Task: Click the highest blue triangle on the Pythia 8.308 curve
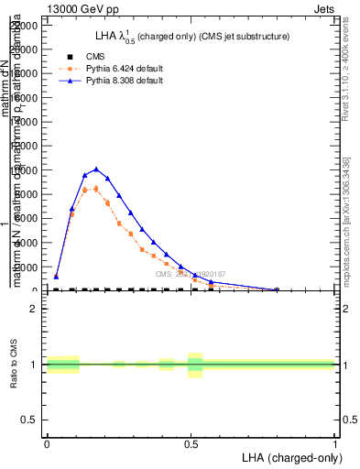click(x=96, y=169)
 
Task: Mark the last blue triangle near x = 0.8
click(x=277, y=289)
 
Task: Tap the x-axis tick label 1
click(x=335, y=442)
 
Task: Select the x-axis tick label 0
click(x=47, y=442)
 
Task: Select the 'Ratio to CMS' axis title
click(x=15, y=365)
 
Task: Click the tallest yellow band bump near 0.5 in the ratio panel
click(x=194, y=365)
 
